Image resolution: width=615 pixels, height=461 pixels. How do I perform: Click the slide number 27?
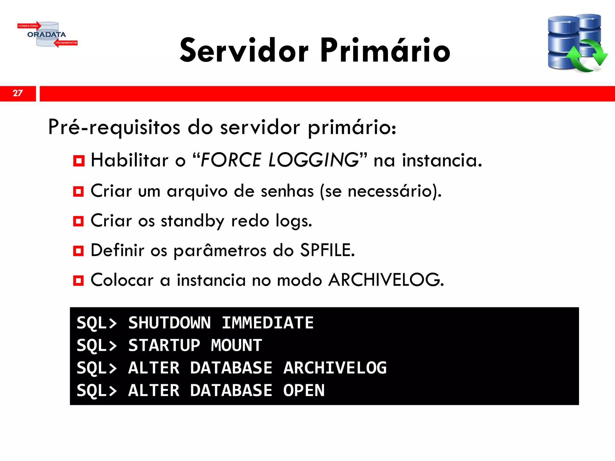[x=18, y=93]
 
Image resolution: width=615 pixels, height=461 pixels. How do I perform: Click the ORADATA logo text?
[x=47, y=35]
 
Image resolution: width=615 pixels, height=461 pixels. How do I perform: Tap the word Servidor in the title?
[x=244, y=50]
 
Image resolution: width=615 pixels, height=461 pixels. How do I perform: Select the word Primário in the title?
[x=385, y=50]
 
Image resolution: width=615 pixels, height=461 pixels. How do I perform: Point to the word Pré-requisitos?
[x=114, y=127]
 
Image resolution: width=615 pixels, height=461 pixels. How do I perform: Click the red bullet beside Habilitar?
[x=79, y=161]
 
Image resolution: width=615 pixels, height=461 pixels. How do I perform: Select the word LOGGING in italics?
[x=314, y=160]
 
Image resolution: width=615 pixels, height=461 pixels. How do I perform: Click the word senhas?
[x=287, y=191]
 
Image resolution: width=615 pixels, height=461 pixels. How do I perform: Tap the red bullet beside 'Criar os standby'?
[x=79, y=221]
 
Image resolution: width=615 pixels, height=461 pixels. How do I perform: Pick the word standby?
[x=192, y=221]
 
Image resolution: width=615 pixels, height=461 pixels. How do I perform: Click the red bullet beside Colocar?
[x=79, y=281]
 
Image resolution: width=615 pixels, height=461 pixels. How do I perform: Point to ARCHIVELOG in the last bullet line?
[x=386, y=280]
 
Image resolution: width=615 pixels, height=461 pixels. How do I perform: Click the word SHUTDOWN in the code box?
[x=170, y=323]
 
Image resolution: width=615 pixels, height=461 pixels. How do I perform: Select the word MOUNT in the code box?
[x=236, y=345]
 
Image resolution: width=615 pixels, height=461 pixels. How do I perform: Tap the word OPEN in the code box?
[x=304, y=390]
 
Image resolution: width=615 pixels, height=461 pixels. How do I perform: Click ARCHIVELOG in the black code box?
[x=335, y=368]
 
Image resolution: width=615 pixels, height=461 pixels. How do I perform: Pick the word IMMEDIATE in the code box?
[x=268, y=323]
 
